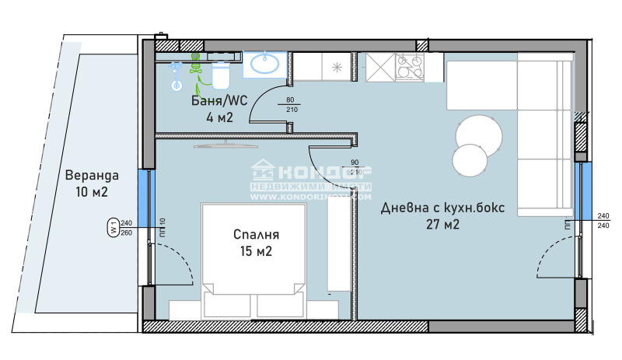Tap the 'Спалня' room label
[256, 234]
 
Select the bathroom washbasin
[264, 64]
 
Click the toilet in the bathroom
[220, 76]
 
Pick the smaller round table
[470, 161]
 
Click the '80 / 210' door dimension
[291, 105]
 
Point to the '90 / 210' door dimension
[356, 167]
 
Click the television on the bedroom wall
[225, 144]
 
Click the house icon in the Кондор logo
[261, 170]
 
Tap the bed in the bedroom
[250, 260]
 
